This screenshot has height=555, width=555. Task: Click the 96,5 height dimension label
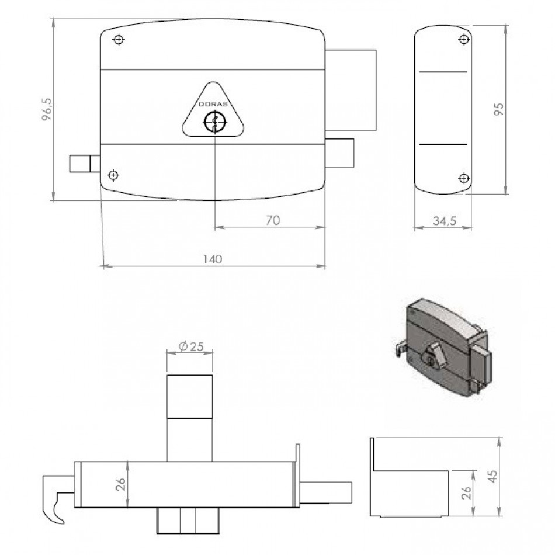coord(47,110)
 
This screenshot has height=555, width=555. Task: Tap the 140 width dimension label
coord(213,259)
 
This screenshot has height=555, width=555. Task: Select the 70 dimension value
coord(273,220)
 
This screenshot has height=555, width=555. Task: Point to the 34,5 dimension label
coord(445,221)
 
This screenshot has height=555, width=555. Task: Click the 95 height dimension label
coord(498,109)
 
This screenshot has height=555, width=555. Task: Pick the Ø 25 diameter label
coord(191,346)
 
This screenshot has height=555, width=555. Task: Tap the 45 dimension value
coord(492,476)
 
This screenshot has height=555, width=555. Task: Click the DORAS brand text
coord(213,105)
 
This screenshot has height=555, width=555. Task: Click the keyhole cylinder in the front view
coord(215,122)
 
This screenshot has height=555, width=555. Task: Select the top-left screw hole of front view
coord(119,39)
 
